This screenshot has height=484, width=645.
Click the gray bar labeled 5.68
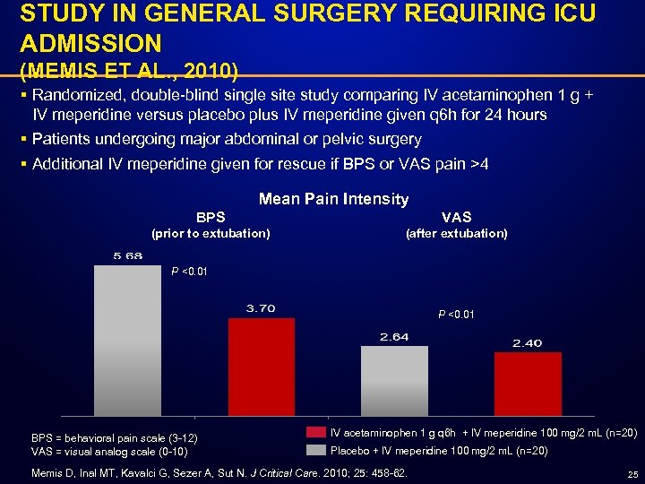[x=126, y=341]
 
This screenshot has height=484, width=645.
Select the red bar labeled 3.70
[x=261, y=367]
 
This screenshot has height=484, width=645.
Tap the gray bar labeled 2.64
[x=394, y=381]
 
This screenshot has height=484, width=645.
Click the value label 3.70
[x=261, y=308]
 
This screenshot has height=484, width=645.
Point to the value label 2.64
[x=394, y=337]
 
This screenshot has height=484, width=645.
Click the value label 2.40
[x=527, y=343]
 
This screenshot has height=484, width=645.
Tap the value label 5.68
[x=126, y=256]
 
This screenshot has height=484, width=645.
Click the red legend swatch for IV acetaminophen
[x=314, y=433]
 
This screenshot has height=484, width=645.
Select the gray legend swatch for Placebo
[x=314, y=450]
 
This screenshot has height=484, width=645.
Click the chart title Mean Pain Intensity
[x=333, y=199]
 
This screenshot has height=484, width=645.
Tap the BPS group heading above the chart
[x=211, y=217]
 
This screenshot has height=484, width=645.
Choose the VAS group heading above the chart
[x=456, y=217]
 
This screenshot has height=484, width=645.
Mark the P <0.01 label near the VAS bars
[x=456, y=315]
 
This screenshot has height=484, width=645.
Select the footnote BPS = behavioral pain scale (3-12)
[x=115, y=437]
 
